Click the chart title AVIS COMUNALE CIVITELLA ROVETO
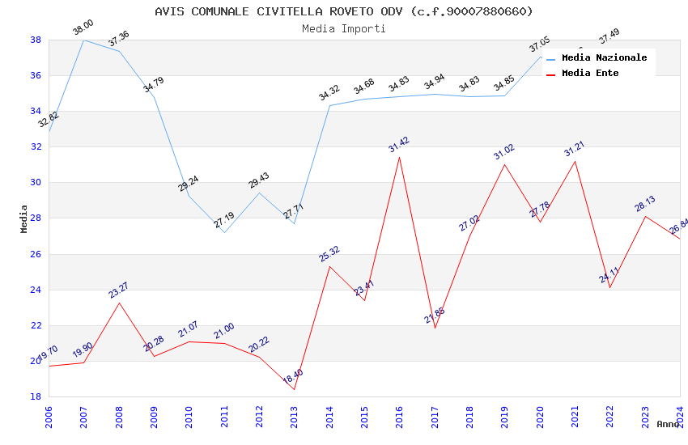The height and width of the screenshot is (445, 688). click(344, 11)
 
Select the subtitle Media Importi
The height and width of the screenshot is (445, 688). click(344, 28)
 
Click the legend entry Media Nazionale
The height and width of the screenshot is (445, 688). click(604, 57)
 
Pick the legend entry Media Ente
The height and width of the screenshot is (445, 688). click(590, 73)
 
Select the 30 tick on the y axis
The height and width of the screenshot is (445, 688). click(36, 183)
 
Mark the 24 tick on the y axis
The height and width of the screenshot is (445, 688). click(36, 290)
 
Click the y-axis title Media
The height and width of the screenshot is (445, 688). click(24, 218)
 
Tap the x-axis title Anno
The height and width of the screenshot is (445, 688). click(668, 424)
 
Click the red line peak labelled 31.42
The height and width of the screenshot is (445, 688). click(400, 157)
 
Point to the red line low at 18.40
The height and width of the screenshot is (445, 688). click(295, 389)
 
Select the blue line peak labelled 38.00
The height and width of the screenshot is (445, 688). click(84, 40)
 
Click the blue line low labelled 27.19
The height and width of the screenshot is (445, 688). click(224, 232)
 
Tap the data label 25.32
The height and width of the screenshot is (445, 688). click(329, 254)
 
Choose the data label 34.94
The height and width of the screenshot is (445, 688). click(435, 82)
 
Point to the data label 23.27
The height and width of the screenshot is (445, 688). click(119, 290)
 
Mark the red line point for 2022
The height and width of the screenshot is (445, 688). click(610, 287)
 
